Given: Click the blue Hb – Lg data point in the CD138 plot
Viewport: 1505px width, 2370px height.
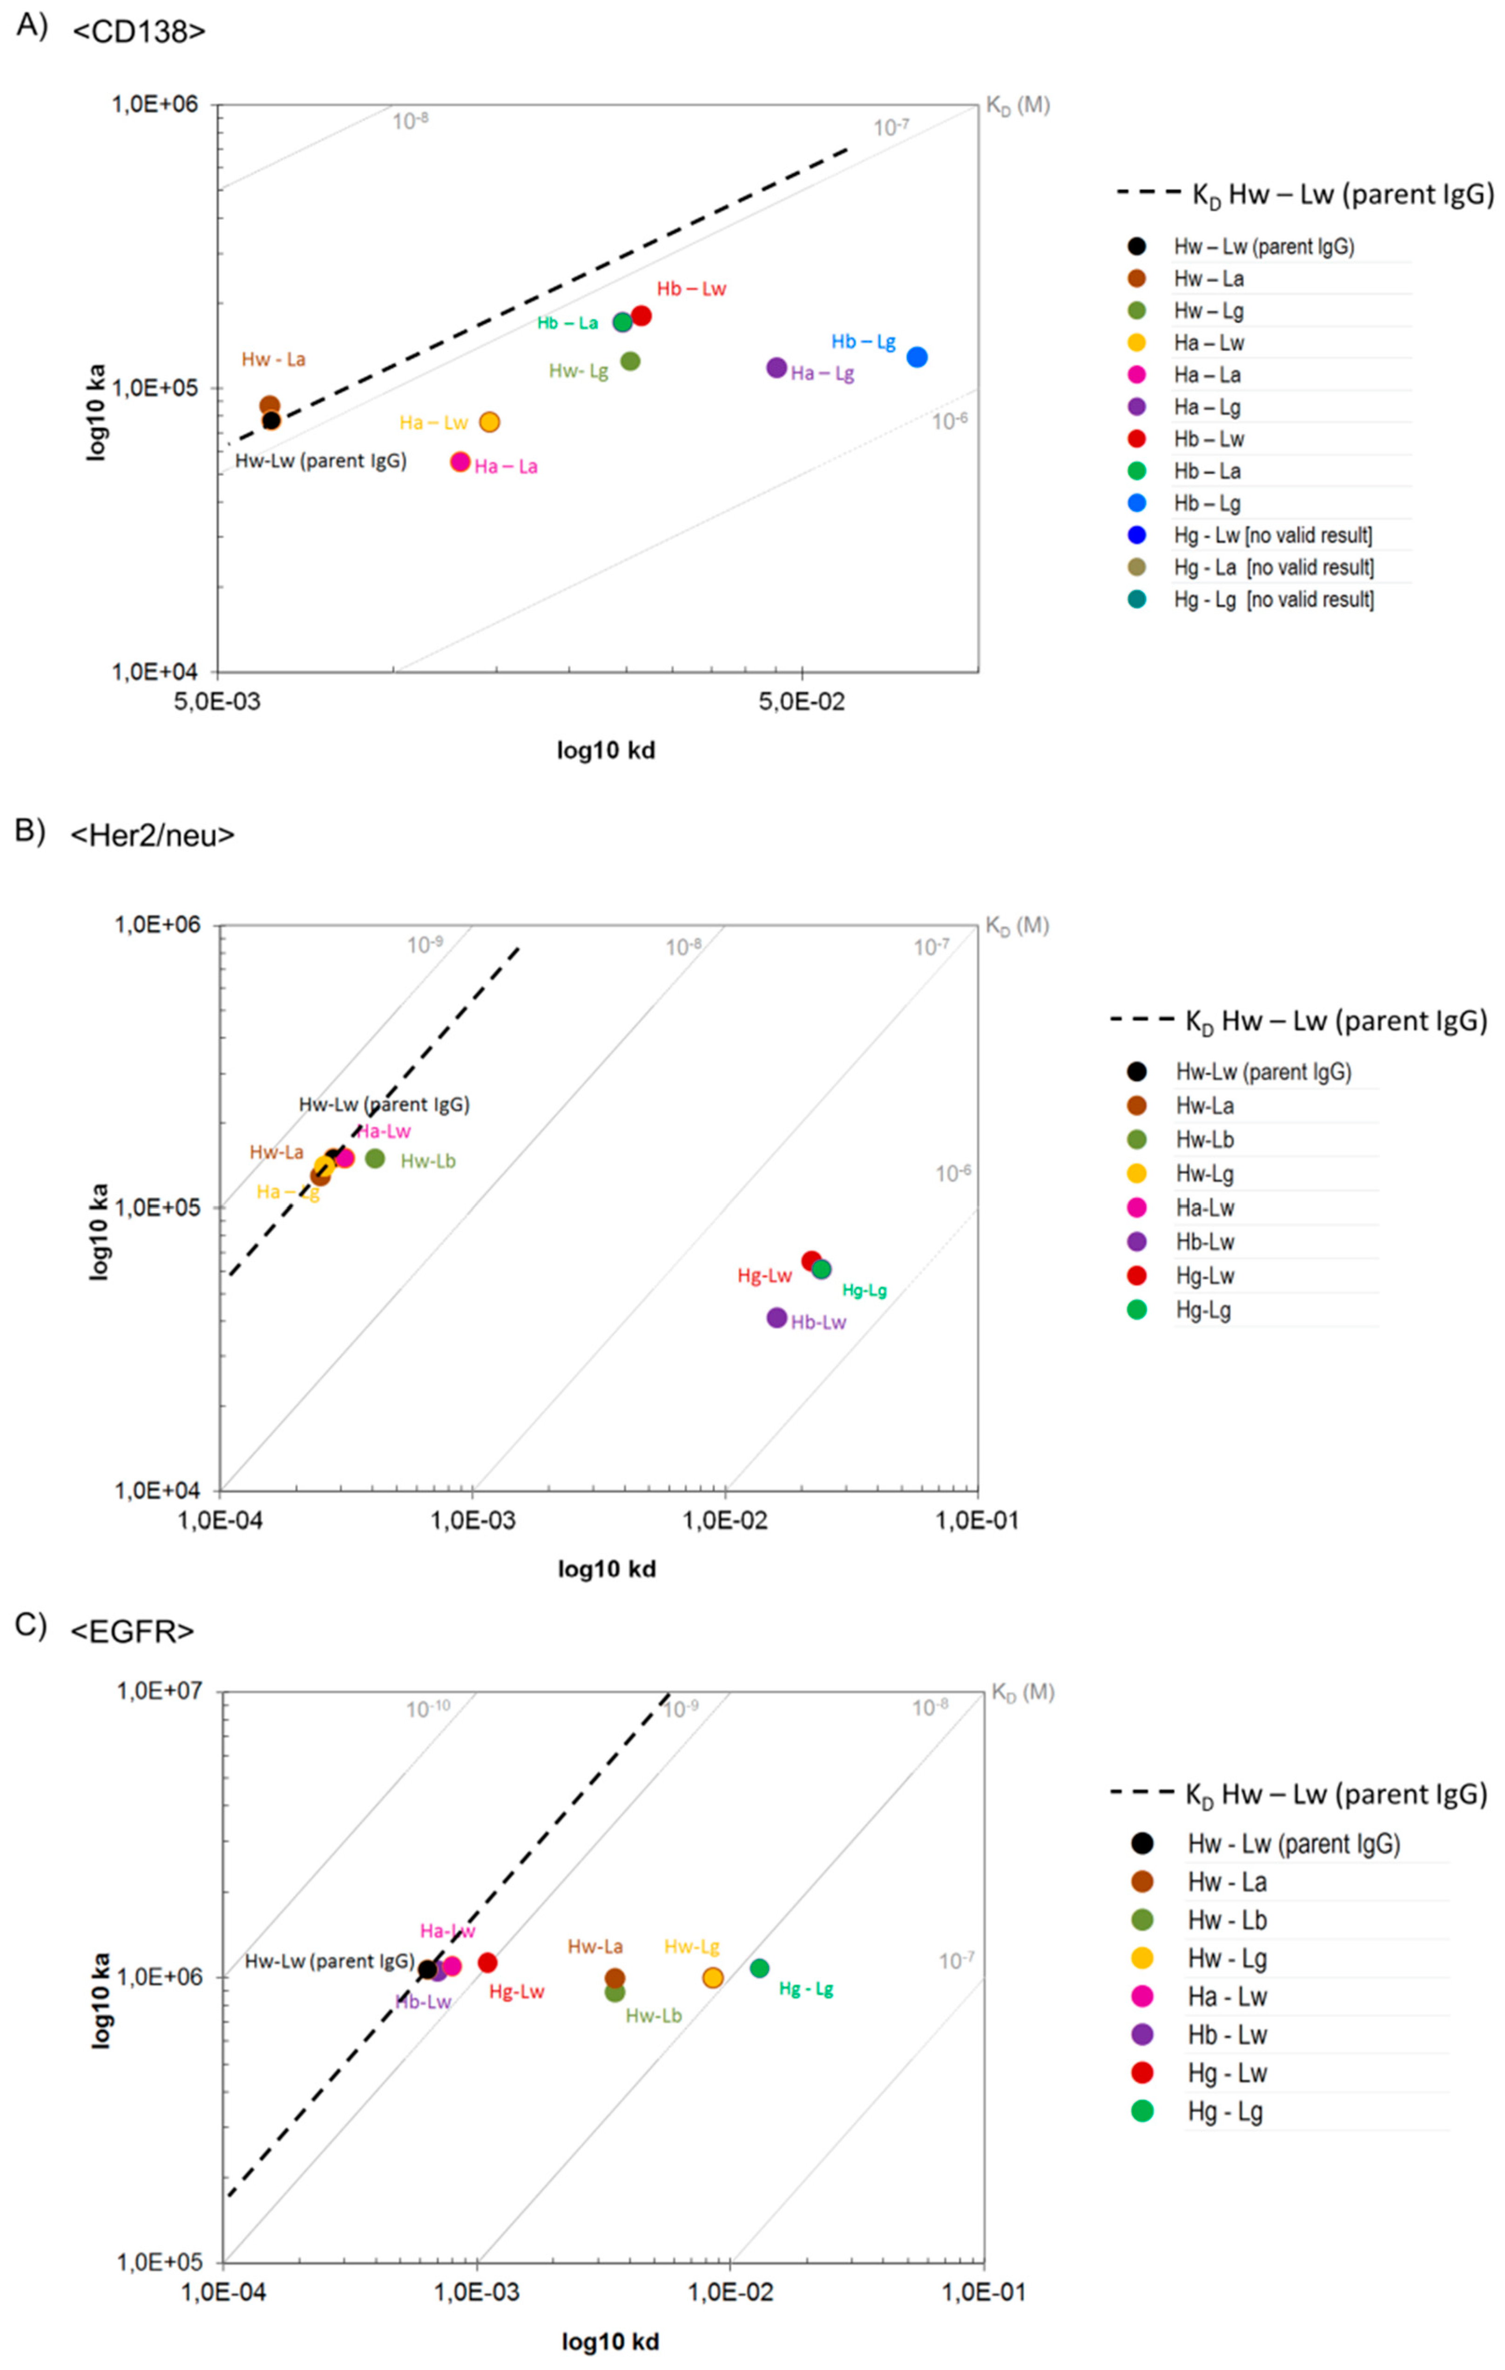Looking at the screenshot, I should pyautogui.click(x=917, y=356).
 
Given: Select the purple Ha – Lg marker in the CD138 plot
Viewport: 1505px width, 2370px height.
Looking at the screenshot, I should pyautogui.click(x=776, y=367).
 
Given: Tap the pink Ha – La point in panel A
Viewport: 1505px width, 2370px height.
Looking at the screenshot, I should pyautogui.click(x=459, y=462).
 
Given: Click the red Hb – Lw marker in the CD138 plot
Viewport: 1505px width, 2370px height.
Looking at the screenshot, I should pyautogui.click(x=641, y=315).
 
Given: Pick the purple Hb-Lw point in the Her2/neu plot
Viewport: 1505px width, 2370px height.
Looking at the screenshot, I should pyautogui.click(x=776, y=1317).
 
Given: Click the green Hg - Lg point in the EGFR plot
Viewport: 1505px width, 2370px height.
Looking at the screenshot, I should pyautogui.click(x=759, y=1967).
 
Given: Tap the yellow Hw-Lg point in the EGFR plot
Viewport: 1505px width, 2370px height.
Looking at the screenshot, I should pyautogui.click(x=713, y=1977).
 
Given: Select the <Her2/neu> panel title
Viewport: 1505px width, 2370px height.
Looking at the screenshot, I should pyautogui.click(x=153, y=835).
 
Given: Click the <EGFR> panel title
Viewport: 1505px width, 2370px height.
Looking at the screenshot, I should pyautogui.click(x=132, y=1631).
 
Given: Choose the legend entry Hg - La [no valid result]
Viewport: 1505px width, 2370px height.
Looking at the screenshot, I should pyautogui.click(x=1273, y=567).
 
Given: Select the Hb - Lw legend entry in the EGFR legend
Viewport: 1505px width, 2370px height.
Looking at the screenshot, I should pyautogui.click(x=1227, y=2034).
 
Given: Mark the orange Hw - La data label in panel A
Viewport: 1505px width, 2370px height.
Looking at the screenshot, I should pyautogui.click(x=274, y=359).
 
